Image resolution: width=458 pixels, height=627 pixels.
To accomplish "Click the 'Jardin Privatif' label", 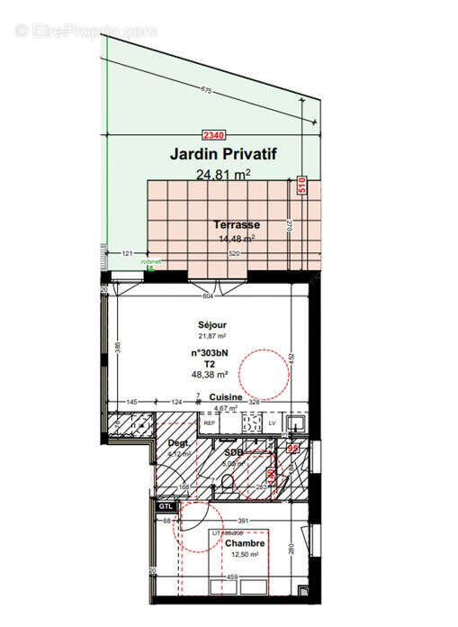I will pyautogui.click(x=222, y=155).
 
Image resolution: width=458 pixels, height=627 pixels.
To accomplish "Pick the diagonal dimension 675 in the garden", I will pyautogui.click(x=206, y=90).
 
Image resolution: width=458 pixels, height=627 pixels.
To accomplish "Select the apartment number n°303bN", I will pyautogui.click(x=208, y=353).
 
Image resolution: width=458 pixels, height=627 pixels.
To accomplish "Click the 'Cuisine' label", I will pyautogui.click(x=226, y=397).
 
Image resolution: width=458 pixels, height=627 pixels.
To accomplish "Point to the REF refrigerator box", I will pyautogui.click(x=209, y=423).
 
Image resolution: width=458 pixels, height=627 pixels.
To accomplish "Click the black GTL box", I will pyautogui.click(x=165, y=507).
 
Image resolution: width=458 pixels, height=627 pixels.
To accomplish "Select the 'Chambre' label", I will pyautogui.click(x=244, y=543).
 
